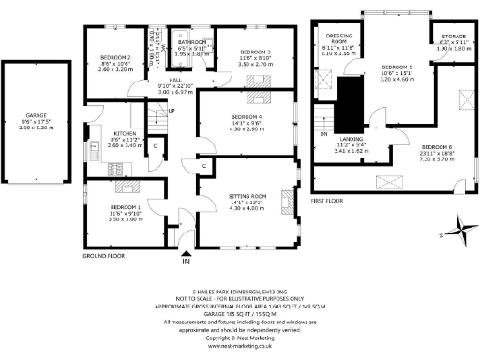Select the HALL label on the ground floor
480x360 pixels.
[176, 81]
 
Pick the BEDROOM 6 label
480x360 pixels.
[436, 148]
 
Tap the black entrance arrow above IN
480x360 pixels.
[185, 250]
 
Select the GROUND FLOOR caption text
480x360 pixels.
[103, 255]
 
